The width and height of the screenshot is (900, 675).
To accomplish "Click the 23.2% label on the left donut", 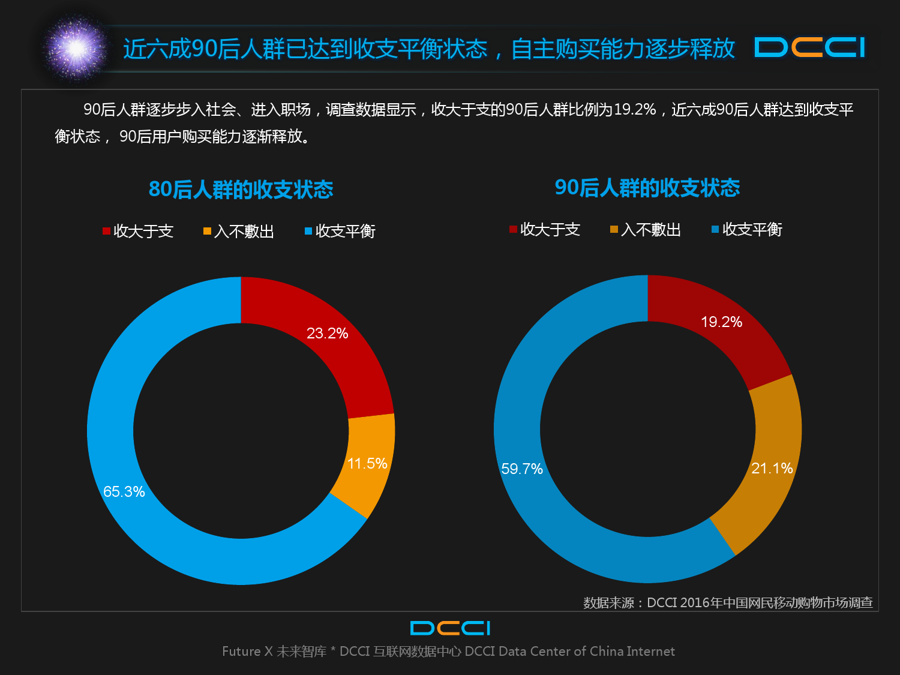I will tap(327, 334).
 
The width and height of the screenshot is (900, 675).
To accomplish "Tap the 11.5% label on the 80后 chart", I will tap(367, 464).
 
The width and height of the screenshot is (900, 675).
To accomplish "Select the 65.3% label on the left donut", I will tap(124, 492).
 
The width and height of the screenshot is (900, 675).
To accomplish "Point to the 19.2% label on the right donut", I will tap(721, 322).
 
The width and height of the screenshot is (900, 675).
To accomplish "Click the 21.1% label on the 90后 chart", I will tap(772, 469).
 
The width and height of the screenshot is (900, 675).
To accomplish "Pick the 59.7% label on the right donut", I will tap(522, 469).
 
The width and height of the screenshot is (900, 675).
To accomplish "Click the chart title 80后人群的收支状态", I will tap(241, 190).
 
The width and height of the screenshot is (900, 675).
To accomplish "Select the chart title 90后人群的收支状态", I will tap(647, 188).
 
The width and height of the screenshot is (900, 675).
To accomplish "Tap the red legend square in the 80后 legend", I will tap(106, 231).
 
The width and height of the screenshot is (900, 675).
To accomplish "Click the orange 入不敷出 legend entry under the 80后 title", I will tap(239, 231).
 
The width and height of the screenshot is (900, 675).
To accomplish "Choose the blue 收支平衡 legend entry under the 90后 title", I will tap(747, 229).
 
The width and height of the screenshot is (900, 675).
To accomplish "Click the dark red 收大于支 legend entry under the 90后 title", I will tap(545, 229).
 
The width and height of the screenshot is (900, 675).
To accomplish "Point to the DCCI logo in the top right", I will tap(810, 48).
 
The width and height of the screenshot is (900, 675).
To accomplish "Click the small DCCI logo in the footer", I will tap(450, 628).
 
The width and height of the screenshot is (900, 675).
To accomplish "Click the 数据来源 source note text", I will tap(728, 602).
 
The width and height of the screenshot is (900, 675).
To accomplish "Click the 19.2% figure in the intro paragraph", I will tap(635, 110).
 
